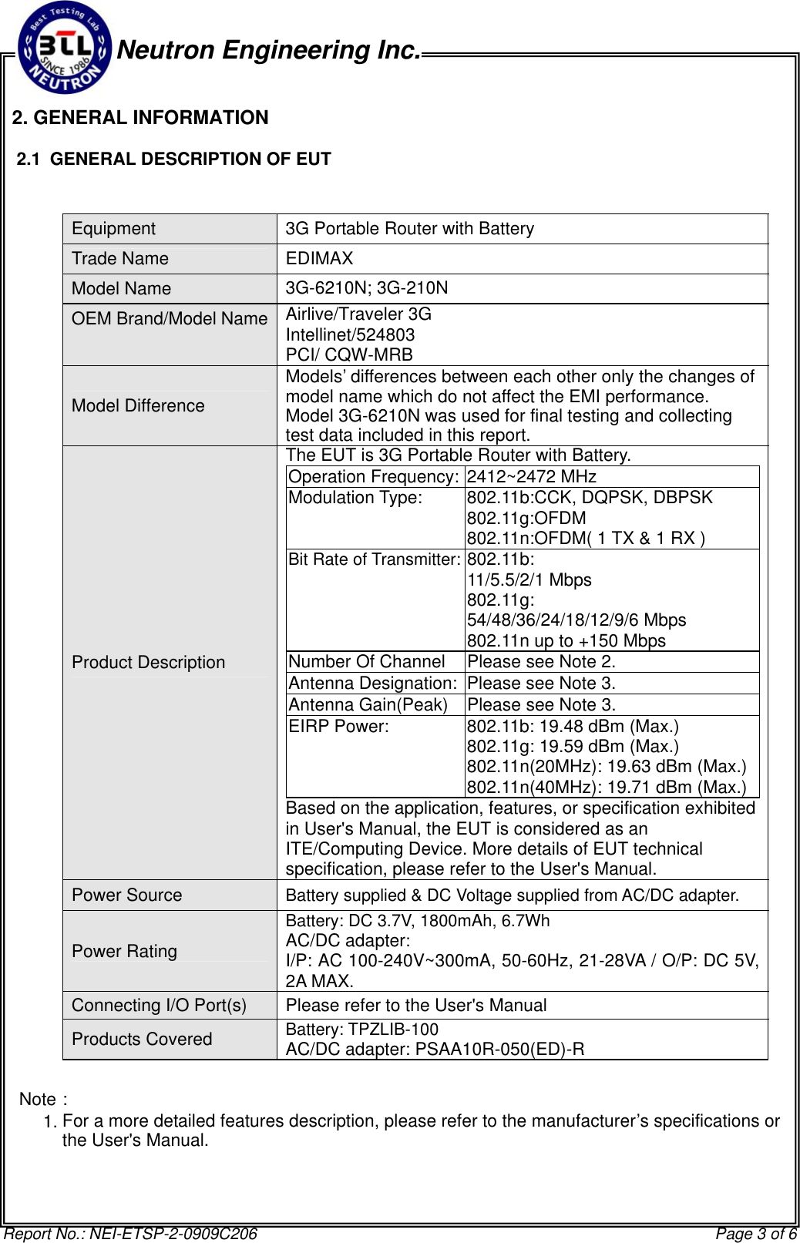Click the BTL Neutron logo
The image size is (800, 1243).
pyautogui.click(x=65, y=48)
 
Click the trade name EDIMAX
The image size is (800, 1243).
pyautogui.click(x=319, y=259)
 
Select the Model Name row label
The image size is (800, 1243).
pyautogui.click(x=121, y=289)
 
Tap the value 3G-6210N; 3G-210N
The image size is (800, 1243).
pyautogui.click(x=366, y=288)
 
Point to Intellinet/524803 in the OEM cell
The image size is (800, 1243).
pyautogui.click(x=350, y=334)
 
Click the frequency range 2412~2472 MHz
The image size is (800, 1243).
pyautogui.click(x=531, y=477)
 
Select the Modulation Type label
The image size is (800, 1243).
pyautogui.click(x=355, y=498)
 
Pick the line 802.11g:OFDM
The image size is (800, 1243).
pyautogui.click(x=526, y=519)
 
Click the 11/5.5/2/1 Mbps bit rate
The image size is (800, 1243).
pyautogui.click(x=529, y=580)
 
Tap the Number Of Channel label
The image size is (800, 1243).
pyautogui.click(x=366, y=662)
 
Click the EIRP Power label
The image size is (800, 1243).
pyautogui.click(x=338, y=727)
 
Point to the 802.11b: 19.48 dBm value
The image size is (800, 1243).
pyautogui.click(x=573, y=727)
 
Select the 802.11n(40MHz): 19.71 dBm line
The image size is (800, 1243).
pyautogui.click(x=607, y=787)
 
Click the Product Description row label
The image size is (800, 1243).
pyautogui.click(x=148, y=663)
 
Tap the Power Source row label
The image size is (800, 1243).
pyautogui.click(x=126, y=895)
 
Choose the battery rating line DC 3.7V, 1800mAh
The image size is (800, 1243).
pyautogui.click(x=418, y=921)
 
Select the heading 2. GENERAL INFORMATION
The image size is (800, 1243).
pyautogui.click(x=140, y=118)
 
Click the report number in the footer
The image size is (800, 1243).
pyautogui.click(x=131, y=1234)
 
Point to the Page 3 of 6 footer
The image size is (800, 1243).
pyautogui.click(x=755, y=1234)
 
